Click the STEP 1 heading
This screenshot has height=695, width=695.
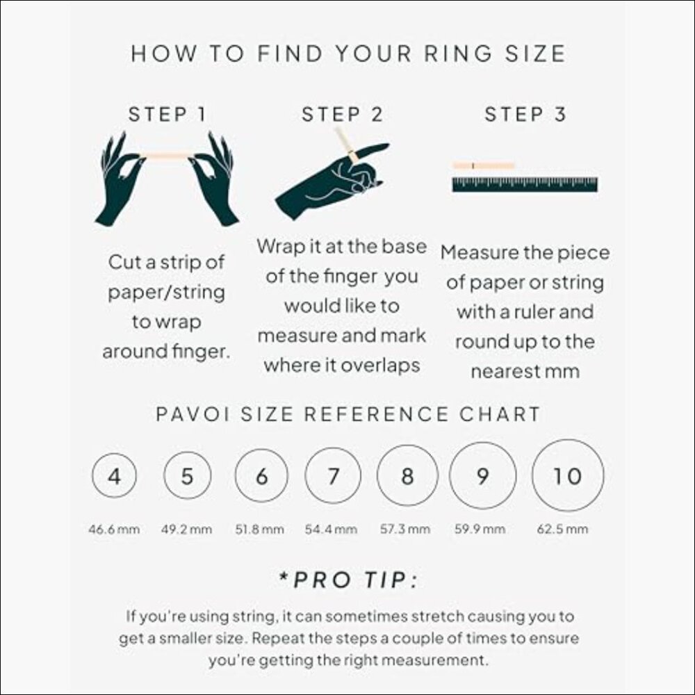point(167,115)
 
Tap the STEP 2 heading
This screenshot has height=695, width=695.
point(342,115)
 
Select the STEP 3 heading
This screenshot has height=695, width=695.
point(525,115)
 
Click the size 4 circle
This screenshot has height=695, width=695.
point(114,477)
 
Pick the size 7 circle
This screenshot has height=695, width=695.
point(334,477)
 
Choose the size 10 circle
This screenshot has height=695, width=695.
point(567,477)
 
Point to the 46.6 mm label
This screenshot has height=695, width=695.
point(114,530)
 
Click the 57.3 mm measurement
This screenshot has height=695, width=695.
point(405,530)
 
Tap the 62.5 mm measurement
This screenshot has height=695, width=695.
point(562,530)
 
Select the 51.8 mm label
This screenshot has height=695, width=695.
point(259,530)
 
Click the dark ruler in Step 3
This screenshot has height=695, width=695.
point(525,184)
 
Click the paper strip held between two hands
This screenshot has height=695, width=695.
point(167,156)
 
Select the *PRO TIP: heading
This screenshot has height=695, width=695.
point(348,580)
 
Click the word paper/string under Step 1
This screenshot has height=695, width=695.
point(166,293)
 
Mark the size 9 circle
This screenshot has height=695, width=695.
point(483,477)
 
